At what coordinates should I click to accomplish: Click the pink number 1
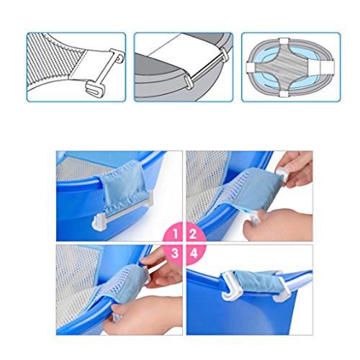coord(176,234)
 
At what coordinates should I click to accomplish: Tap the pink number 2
coord(193,234)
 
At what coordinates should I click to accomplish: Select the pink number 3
coord(175,253)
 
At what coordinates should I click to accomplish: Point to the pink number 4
coord(194,253)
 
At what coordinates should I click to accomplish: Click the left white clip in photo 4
coord(230,286)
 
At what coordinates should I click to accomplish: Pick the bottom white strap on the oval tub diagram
coord(284,94)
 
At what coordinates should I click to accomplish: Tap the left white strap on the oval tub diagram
coord(251,67)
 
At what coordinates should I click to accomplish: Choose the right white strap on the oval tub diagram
coord(328,67)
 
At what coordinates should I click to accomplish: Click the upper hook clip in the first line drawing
coord(117,55)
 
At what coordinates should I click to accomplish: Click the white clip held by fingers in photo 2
coord(282,174)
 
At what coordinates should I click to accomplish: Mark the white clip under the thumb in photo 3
coord(116,318)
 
